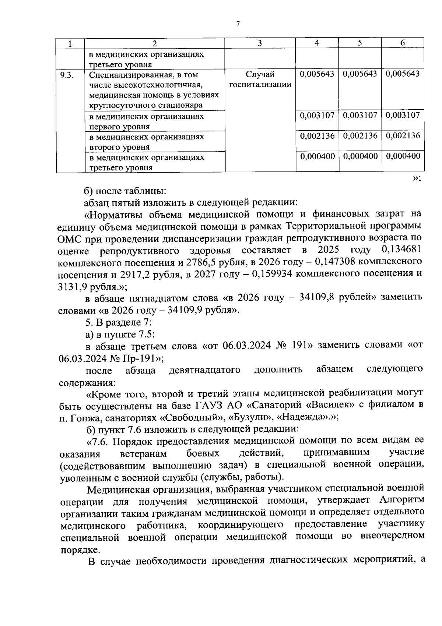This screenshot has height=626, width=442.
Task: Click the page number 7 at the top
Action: (x=238, y=24)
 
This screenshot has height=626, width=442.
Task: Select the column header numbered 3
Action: (x=260, y=43)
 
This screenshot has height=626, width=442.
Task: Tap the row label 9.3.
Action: (x=67, y=75)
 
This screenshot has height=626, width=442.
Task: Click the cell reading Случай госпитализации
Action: (x=260, y=79)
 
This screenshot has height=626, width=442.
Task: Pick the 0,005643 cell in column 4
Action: (x=317, y=74)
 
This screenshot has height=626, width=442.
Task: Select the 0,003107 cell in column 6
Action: (x=403, y=115)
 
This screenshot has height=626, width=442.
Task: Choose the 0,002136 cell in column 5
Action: (x=360, y=135)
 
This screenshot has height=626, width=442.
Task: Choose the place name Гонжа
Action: (x=84, y=418)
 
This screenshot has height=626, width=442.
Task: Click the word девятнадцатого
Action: (x=205, y=369)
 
